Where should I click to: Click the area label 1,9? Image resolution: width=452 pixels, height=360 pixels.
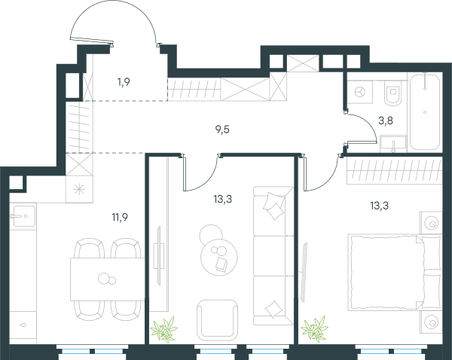(124, 82)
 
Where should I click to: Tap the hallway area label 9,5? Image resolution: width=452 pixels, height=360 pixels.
(222, 130)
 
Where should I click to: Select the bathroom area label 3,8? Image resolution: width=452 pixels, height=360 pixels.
(386, 121)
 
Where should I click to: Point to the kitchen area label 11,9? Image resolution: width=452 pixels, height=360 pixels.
(120, 218)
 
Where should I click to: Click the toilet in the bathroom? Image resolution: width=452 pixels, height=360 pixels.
(392, 92)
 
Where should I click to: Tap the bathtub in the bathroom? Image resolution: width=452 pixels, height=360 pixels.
(425, 111)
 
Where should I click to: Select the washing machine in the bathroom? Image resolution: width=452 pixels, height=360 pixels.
(360, 92)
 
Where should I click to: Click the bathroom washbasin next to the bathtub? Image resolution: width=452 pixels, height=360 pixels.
(393, 144)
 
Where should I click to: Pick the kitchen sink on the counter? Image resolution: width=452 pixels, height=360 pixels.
(23, 216)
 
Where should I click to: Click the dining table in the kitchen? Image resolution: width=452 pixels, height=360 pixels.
(107, 279)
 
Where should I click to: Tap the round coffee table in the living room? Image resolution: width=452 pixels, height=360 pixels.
(218, 257)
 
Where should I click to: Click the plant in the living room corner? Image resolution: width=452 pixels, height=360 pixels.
(164, 329)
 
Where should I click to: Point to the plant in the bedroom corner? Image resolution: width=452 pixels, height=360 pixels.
(315, 329)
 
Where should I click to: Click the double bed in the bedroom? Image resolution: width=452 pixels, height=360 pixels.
(395, 272)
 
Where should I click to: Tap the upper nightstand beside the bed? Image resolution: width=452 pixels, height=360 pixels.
(431, 222)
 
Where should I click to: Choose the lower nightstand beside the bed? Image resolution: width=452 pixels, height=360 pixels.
(431, 322)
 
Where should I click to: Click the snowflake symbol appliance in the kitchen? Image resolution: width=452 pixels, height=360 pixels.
(79, 189)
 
